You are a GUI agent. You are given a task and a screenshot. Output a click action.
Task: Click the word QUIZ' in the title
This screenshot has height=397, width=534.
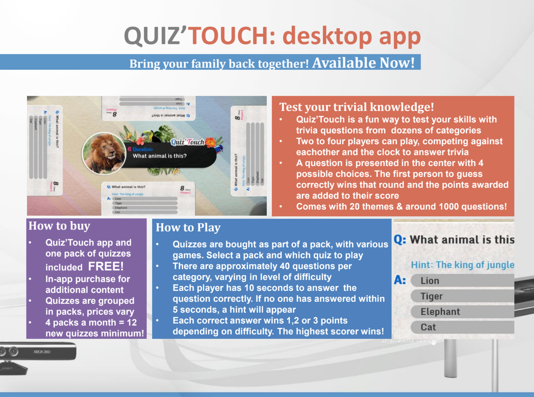coord(155,36)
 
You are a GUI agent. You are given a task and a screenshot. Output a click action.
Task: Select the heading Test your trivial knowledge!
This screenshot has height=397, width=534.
coord(356,107)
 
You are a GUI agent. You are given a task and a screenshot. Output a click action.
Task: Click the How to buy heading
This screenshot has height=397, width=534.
coord(59,226)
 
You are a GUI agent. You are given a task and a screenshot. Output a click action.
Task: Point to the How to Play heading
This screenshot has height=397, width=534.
coord(188,227)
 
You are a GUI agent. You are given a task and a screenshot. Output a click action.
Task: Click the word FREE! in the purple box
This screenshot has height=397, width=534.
coord(106,266)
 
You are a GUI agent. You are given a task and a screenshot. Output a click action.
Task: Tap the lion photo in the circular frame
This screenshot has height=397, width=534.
coord(104,153)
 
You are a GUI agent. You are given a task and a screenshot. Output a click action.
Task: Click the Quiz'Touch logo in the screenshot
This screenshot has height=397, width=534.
coord(187,142)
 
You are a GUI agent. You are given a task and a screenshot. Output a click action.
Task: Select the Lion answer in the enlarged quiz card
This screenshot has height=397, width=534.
coord(430,281)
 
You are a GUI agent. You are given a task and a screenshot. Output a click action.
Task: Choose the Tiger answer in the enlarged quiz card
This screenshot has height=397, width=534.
coord(431,296)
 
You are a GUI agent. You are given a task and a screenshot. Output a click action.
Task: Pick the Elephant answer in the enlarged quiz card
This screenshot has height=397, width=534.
coord(440,312)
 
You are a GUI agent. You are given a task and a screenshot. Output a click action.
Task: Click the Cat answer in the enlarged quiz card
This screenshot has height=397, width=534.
coord(428,327)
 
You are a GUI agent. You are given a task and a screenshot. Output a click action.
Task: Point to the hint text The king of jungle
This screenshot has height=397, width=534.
coord(462,264)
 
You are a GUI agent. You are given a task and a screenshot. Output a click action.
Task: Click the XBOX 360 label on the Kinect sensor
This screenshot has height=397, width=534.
coord(42,352)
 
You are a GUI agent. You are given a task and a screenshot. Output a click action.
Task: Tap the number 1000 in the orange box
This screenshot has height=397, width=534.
coord(449,207)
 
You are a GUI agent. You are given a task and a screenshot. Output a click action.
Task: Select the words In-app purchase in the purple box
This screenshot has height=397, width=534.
coord(73,279)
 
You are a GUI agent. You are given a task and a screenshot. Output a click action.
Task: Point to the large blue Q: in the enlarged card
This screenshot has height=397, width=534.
coord(400,239)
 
